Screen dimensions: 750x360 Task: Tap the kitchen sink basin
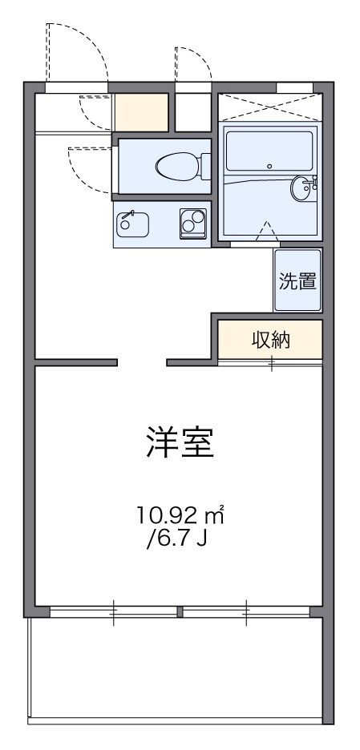[x=133, y=224]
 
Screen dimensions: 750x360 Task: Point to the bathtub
[x=269, y=153]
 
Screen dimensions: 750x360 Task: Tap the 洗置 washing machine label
[x=297, y=281]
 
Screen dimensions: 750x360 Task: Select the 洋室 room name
[x=180, y=442]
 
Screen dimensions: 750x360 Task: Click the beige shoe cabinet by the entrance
[x=141, y=112]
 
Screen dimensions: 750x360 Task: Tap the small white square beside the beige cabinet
[x=191, y=112]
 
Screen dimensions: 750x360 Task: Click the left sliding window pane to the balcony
[x=113, y=613]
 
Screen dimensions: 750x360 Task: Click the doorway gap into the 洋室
[x=142, y=363]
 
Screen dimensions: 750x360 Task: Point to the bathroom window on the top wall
[x=294, y=87]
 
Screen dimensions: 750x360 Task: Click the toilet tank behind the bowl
[x=202, y=167]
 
